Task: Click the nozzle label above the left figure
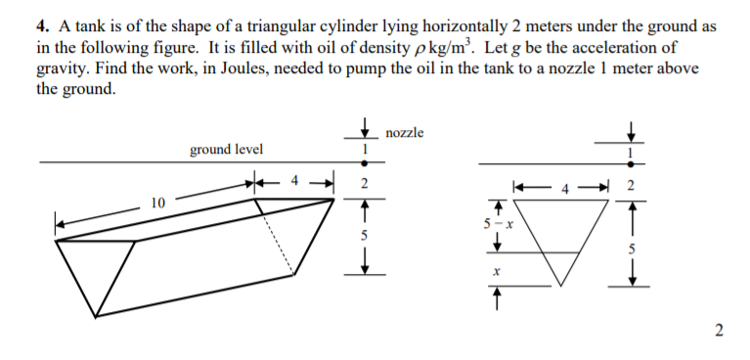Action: tap(405, 133)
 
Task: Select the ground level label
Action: tap(225, 149)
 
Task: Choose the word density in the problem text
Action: tap(331, 35)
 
